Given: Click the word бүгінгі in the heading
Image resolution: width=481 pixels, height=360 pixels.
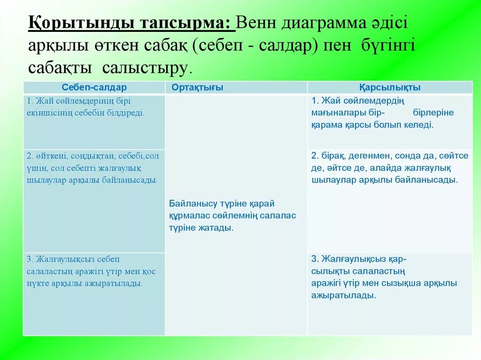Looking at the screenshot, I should pyautogui.click(x=388, y=46).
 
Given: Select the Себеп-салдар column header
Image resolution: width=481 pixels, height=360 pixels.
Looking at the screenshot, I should pyautogui.click(x=94, y=87).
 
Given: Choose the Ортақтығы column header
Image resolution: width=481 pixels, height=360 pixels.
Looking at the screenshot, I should pyautogui.click(x=197, y=87).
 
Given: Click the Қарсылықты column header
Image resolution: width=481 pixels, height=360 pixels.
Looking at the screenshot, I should pyautogui.click(x=390, y=87).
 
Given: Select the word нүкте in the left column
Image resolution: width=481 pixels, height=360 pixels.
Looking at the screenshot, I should pyautogui.click(x=38, y=283).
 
